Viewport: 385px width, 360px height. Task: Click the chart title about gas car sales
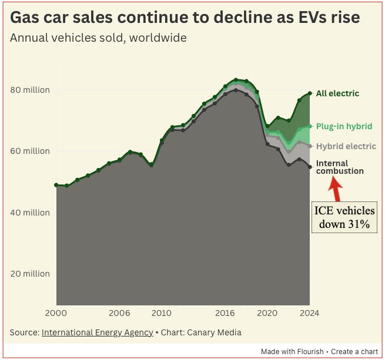(x=185, y=17)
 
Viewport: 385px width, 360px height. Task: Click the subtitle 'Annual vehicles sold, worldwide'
(x=99, y=38)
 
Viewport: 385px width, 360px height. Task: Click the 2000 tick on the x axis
(x=57, y=313)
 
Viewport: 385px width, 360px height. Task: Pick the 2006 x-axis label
(x=119, y=313)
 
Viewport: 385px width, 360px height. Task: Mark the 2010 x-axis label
(x=162, y=313)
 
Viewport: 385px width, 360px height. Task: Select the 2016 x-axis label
(x=225, y=313)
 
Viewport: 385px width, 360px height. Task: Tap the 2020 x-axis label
(x=267, y=313)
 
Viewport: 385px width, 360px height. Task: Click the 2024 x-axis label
(x=309, y=313)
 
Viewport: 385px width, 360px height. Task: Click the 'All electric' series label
(x=337, y=93)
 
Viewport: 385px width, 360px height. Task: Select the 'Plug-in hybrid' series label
(x=344, y=126)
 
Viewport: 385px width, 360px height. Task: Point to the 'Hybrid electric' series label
(x=346, y=146)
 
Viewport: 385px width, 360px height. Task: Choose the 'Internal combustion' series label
(x=340, y=167)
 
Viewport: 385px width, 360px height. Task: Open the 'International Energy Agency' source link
(x=97, y=332)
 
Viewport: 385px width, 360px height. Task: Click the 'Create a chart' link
(x=354, y=351)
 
